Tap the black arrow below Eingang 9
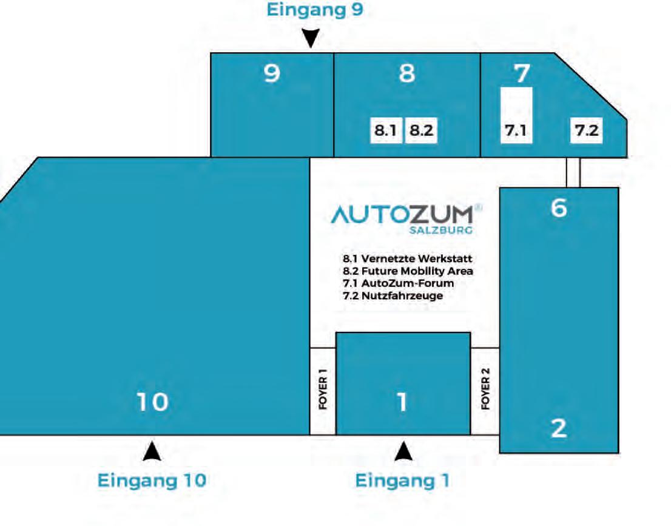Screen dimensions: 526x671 coord(311,39)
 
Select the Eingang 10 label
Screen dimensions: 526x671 coord(152,480)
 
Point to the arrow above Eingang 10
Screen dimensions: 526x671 coord(152,451)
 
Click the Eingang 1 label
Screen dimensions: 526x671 coord(402,480)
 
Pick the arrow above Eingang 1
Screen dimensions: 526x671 coord(403,451)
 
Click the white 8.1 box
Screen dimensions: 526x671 coord(386,130)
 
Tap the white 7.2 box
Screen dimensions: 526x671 coord(587,130)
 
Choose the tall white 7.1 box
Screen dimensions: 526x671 coord(516,115)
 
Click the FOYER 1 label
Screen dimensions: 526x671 coord(323,392)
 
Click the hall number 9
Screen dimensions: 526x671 coord(272,73)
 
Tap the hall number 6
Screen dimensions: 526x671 coord(559,208)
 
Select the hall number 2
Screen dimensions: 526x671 coord(559,428)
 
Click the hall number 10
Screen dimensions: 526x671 coord(152,402)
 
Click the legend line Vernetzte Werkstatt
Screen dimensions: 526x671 coord(407,259)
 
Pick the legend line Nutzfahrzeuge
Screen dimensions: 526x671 coord(393,295)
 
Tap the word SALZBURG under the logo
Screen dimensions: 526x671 coord(441,231)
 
